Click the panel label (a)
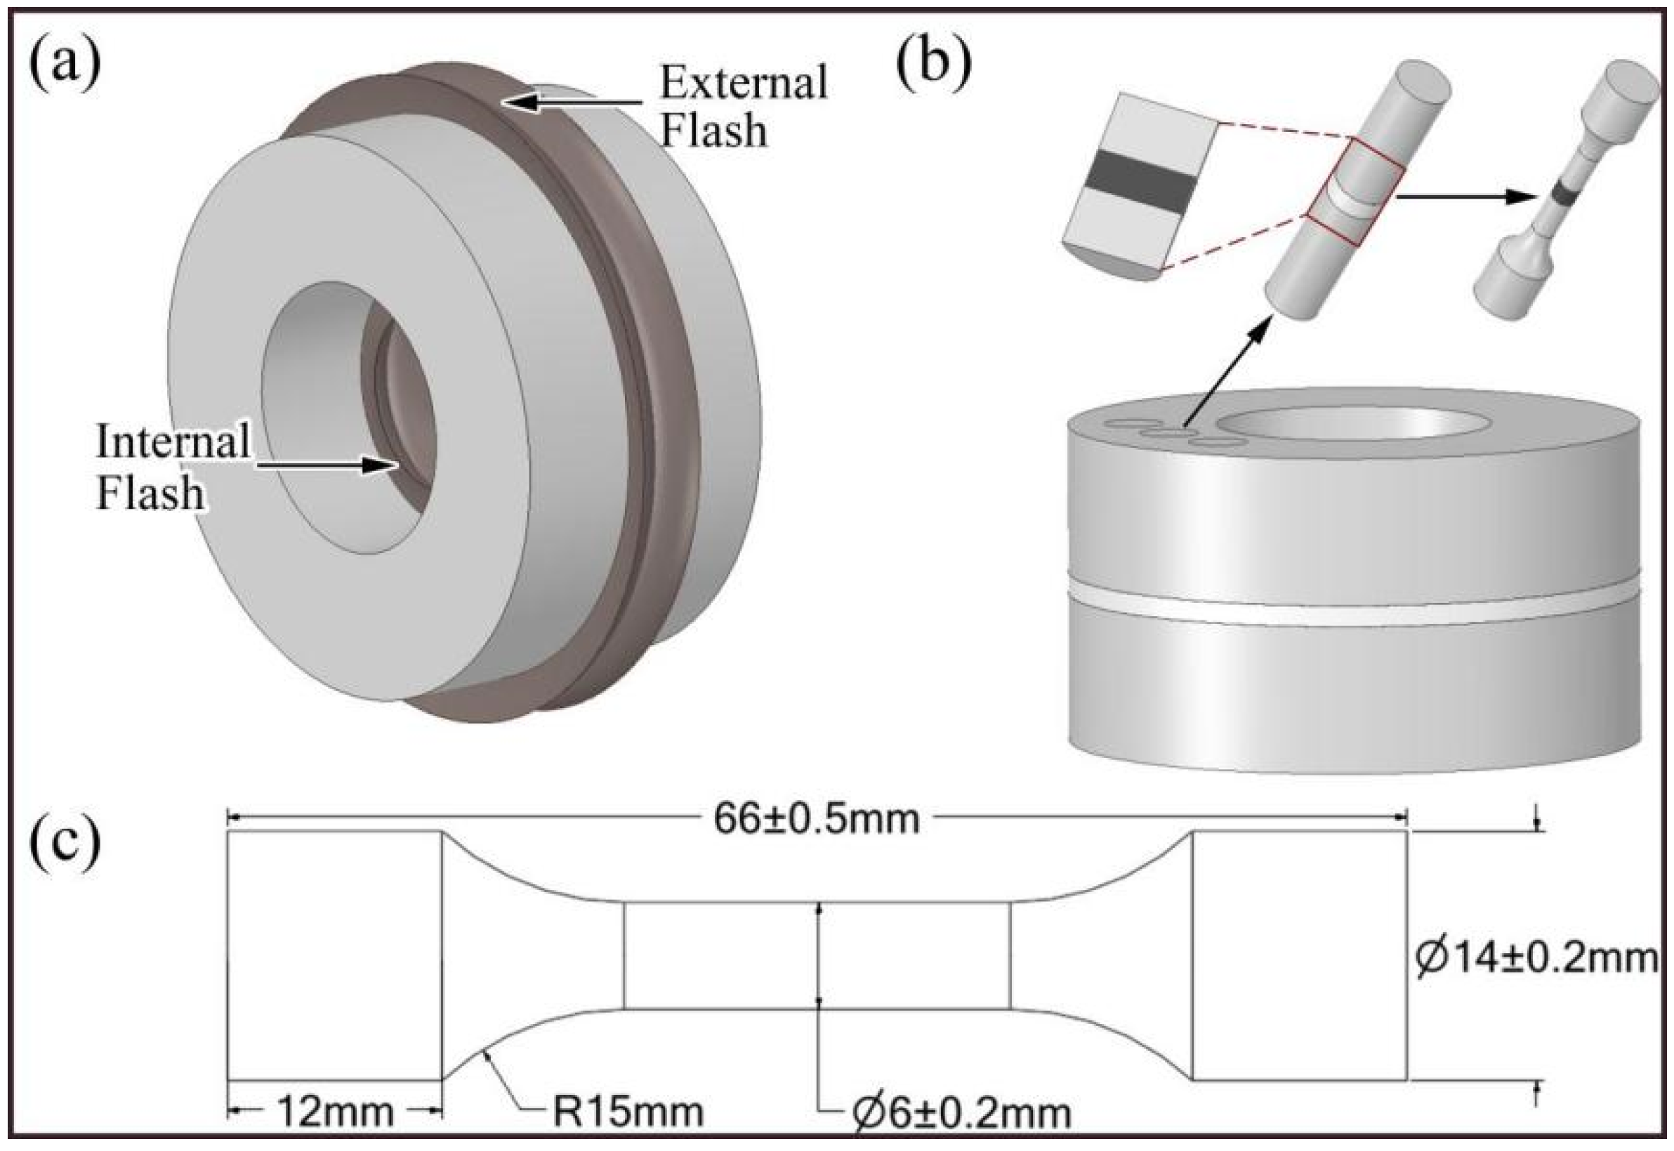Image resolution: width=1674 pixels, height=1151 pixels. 65,65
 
